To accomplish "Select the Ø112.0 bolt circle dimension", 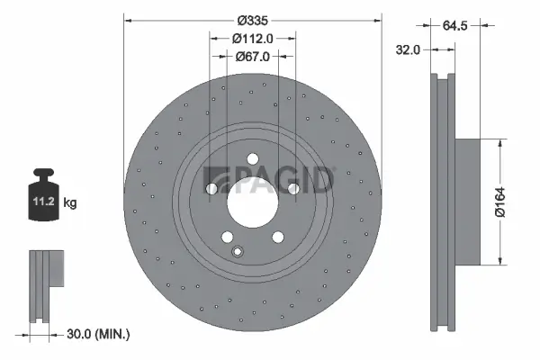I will click(253, 38).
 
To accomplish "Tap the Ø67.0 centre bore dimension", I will click(253, 56).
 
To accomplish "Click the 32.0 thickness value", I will click(409, 50).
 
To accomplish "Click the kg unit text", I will click(70, 203).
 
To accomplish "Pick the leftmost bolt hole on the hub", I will click(211, 189).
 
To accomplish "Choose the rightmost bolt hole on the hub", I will click(293, 188).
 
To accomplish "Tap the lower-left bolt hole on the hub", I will click(227, 237).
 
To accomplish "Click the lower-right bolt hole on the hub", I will click(278, 237).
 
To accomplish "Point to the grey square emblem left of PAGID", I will click(217, 179).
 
